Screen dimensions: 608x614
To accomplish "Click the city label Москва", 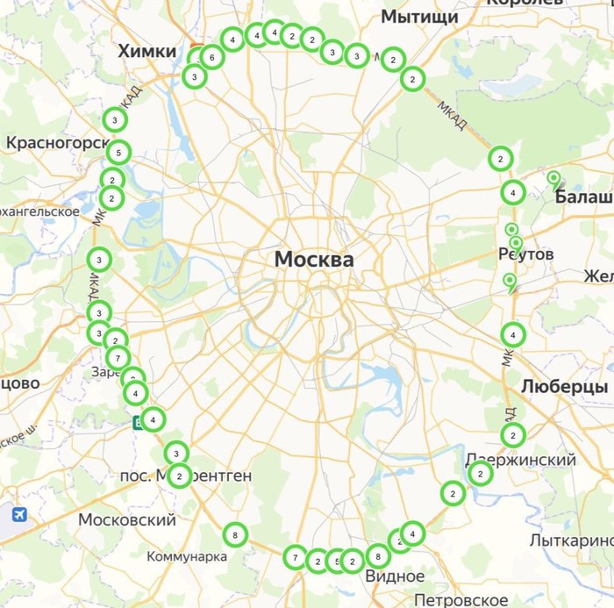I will (x=314, y=260).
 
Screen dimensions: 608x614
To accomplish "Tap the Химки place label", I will (x=147, y=52).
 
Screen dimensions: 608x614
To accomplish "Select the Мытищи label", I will (x=419, y=18).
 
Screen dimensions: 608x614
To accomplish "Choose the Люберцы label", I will (x=564, y=386).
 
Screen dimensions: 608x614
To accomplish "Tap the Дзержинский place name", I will (x=520, y=460).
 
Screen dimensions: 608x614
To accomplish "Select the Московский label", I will (x=127, y=520).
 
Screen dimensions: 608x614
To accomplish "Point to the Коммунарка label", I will (x=187, y=556).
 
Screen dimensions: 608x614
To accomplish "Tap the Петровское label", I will (x=460, y=599).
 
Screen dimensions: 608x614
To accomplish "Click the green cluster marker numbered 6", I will (x=211, y=58).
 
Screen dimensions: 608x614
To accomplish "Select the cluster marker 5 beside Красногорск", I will (x=119, y=153).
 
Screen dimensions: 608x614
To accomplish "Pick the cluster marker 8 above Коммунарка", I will (x=234, y=533).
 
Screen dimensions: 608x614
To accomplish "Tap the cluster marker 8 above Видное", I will (x=377, y=555).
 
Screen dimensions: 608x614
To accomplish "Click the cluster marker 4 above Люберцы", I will (x=513, y=334).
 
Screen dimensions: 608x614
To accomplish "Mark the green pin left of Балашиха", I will (x=553, y=180).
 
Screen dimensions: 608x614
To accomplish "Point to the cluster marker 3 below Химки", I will (x=194, y=77).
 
